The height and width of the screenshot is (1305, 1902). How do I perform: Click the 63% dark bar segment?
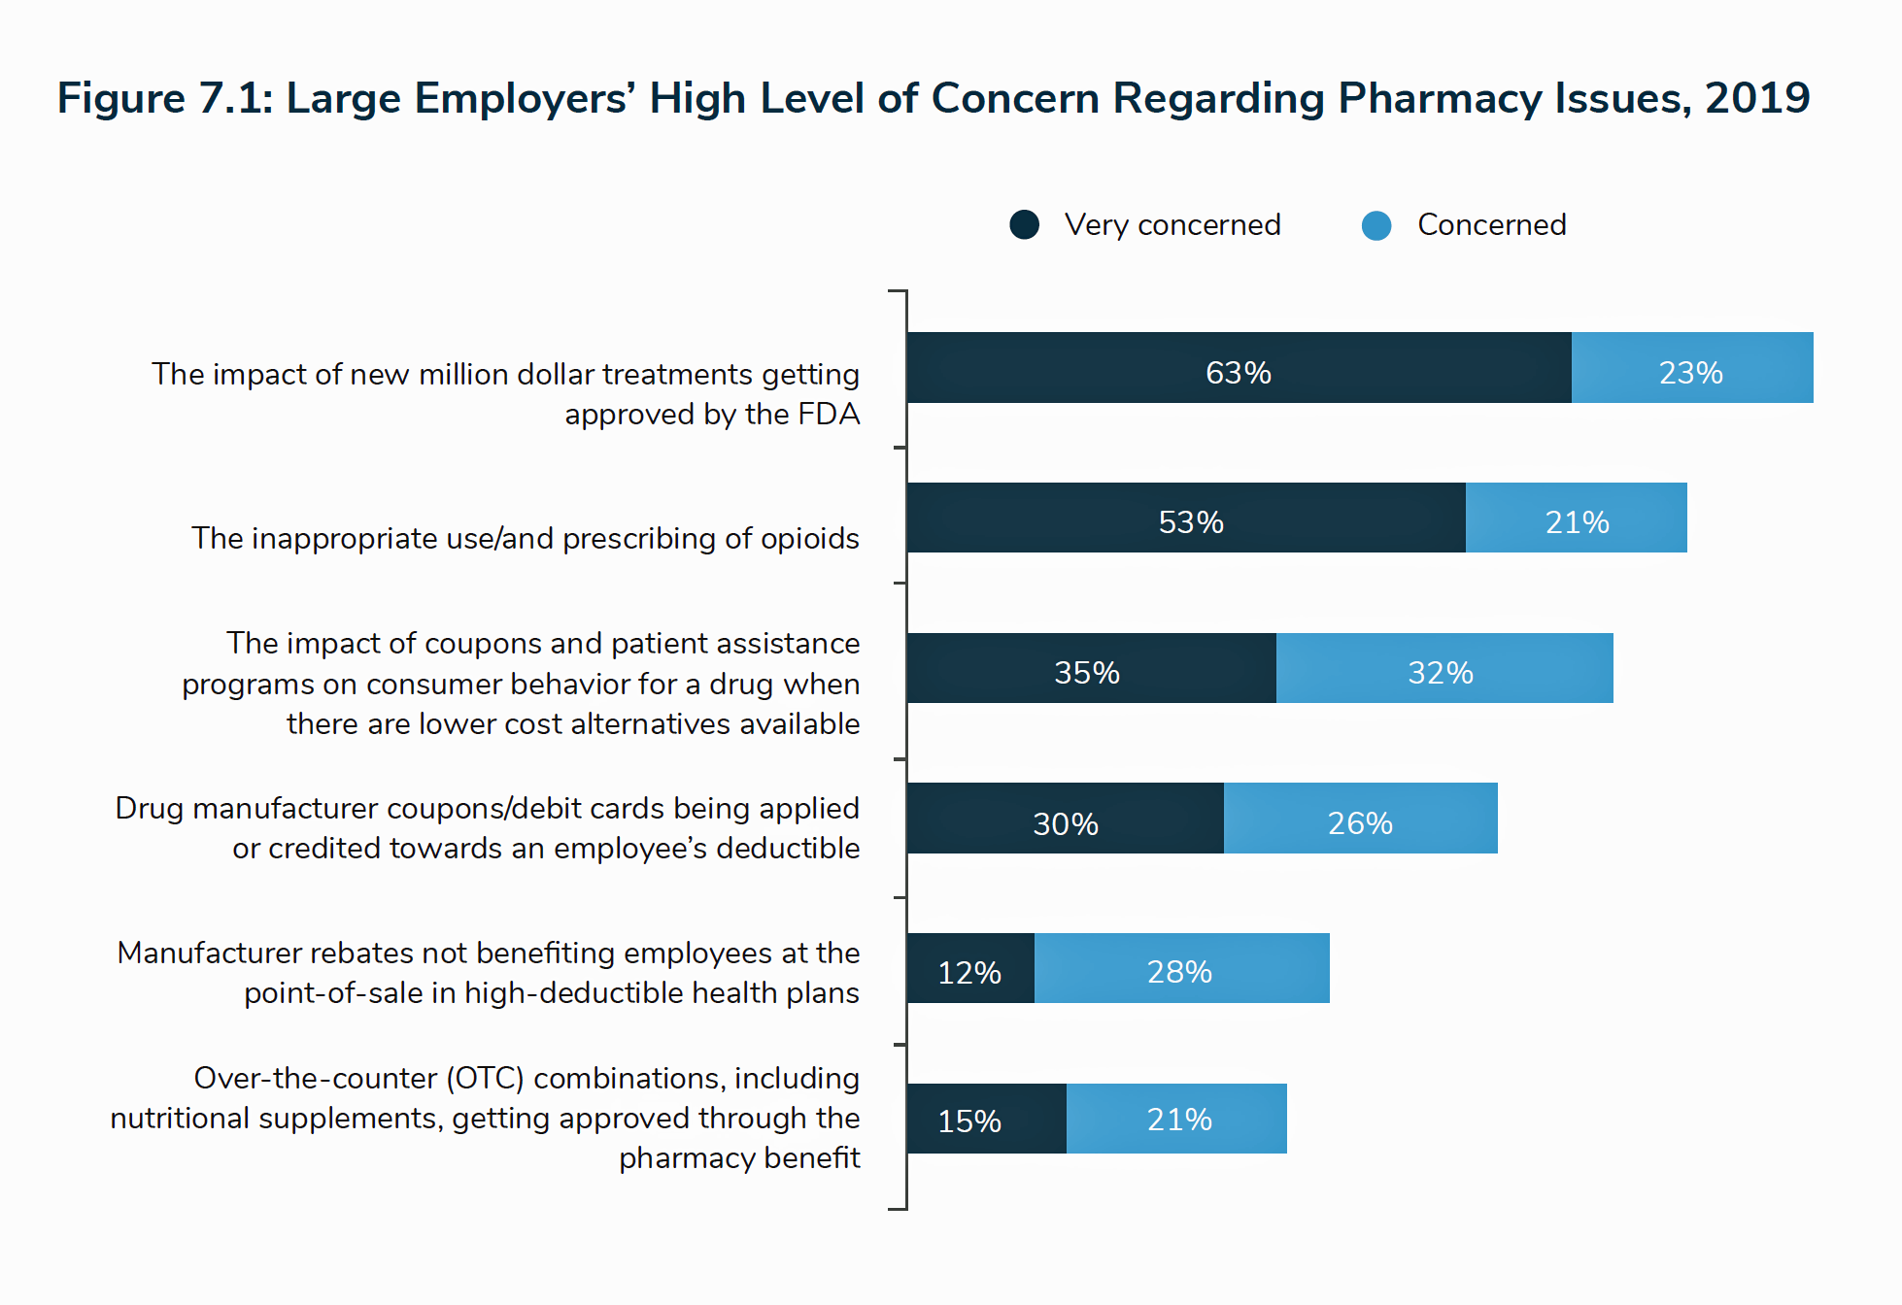[1239, 368]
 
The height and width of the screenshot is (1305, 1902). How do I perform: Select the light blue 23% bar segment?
[1691, 368]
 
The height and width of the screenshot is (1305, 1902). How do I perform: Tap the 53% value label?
[1191, 522]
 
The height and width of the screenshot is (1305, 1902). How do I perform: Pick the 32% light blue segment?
[1443, 668]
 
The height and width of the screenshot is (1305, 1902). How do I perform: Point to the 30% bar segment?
[1066, 819]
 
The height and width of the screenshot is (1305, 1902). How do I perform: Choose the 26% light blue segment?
[1360, 819]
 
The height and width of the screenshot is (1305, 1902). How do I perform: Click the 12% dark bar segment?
[970, 968]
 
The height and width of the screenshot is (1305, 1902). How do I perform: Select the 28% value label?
[1179, 971]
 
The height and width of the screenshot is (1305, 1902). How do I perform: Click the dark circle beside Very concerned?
[1024, 225]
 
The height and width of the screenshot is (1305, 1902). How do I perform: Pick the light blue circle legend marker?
[1376, 225]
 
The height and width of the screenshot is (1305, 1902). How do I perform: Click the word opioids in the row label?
[809, 539]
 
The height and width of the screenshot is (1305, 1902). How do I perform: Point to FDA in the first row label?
[829, 415]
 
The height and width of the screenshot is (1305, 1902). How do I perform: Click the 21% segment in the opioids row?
[1576, 519]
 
